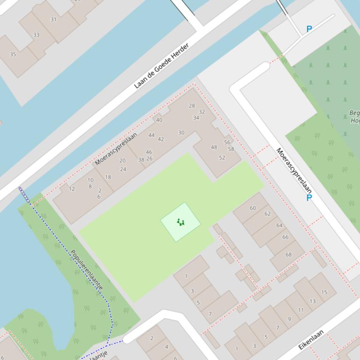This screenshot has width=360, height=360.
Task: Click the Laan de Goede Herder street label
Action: coord(161,66)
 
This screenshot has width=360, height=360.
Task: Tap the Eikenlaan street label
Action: coord(311,340)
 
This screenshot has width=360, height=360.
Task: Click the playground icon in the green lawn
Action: coord(181,222)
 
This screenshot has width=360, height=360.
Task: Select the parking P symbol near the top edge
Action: coord(309,29)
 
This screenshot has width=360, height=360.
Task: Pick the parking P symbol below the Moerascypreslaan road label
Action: coord(309,198)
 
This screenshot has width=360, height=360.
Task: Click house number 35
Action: coord(13,54)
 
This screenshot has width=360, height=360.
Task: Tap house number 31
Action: coord(53,20)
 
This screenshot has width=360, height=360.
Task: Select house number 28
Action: coord(191,106)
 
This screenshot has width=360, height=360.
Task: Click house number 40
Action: coord(159,120)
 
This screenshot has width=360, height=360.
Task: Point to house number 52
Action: coord(222,158)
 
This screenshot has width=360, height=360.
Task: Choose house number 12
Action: coord(72,189)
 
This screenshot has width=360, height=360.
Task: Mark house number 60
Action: coord(253,208)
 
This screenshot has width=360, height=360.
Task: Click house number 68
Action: coord(288,255)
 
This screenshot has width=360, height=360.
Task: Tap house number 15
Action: coord(324,292)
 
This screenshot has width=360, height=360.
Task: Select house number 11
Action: coord(301,310)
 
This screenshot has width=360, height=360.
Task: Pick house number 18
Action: coord(108,177)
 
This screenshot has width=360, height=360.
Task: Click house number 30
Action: coord(181,132)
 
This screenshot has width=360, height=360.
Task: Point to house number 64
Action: coord(279,225)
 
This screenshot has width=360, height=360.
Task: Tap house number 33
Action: coord(36,35)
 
